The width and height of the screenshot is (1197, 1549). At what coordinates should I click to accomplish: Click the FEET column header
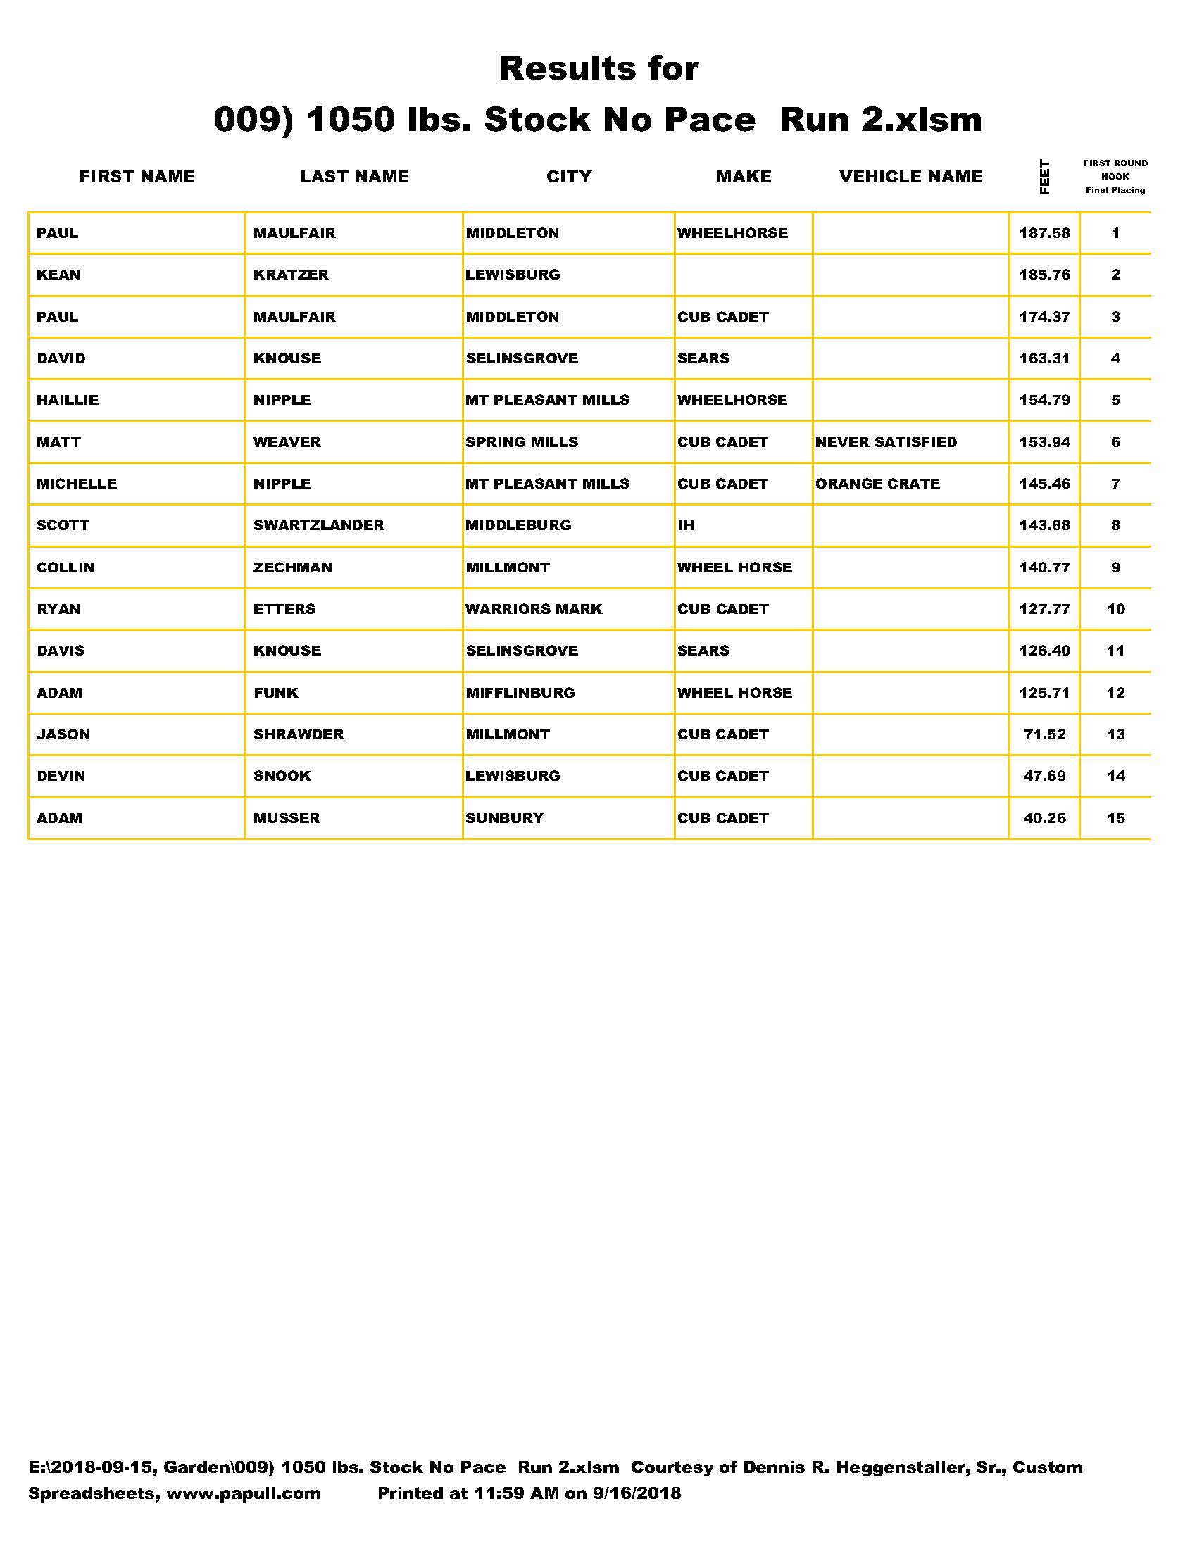(1044, 177)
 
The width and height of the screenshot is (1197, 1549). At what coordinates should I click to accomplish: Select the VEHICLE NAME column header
(910, 177)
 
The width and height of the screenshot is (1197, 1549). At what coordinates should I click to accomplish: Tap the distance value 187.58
(1044, 233)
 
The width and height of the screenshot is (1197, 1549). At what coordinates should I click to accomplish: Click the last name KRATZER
(291, 275)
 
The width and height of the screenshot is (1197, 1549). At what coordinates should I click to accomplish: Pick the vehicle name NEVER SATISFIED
(886, 443)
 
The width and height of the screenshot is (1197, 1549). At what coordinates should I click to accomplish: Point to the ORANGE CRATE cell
(877, 484)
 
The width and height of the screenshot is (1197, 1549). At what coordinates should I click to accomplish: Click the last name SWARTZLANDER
(318, 525)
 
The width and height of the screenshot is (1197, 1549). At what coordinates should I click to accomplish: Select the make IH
(686, 525)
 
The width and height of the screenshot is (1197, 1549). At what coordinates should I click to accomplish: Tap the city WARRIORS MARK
(533, 609)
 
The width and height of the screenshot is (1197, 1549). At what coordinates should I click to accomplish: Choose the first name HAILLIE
(68, 401)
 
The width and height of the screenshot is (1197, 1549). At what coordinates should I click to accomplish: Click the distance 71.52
(1044, 735)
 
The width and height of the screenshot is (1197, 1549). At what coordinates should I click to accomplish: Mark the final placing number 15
(1115, 818)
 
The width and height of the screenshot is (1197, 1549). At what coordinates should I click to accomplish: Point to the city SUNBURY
(504, 818)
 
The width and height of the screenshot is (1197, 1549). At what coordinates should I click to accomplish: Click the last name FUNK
(276, 693)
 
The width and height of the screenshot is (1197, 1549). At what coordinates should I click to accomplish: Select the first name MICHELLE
(77, 484)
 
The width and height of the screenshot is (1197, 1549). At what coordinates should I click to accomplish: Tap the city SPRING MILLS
(521, 443)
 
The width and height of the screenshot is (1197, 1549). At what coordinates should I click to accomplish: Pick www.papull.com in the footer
(243, 1493)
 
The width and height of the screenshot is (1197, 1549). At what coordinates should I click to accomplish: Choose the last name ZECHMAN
(292, 568)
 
